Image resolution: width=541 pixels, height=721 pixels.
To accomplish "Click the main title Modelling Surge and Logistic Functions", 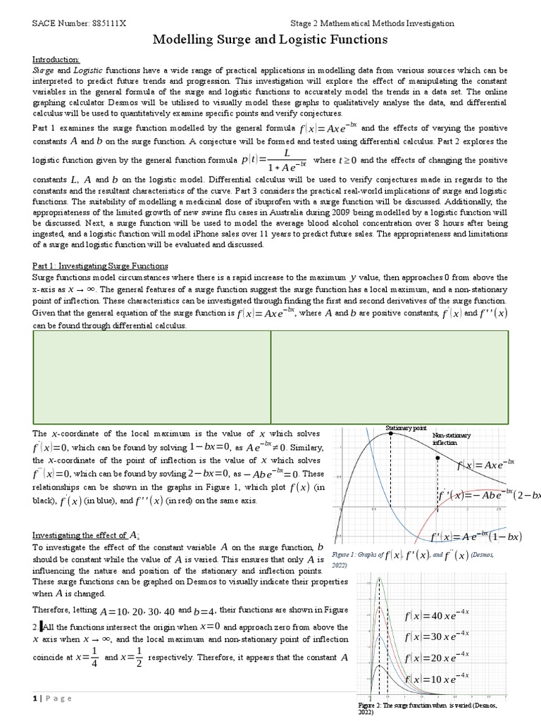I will click(270, 40).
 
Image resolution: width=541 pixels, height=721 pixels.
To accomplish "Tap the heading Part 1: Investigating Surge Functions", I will click(101, 265).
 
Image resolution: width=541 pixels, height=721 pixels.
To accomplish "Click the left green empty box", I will click(151, 377).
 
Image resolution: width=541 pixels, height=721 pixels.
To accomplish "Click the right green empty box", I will click(390, 377).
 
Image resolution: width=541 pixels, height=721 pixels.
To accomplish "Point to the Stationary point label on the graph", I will click(406, 428).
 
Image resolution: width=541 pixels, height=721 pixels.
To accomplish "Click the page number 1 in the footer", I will click(34, 698).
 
